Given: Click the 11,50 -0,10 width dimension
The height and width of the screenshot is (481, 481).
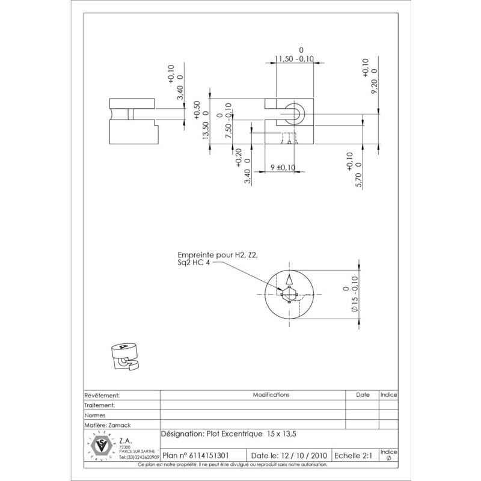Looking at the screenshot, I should click(x=295, y=58).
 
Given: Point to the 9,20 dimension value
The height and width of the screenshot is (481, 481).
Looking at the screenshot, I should click(x=374, y=86).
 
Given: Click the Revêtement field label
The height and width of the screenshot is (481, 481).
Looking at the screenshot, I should click(x=103, y=396).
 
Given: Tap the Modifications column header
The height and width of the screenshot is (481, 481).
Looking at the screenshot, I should click(x=271, y=395).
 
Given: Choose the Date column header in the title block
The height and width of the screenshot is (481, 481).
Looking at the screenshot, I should click(x=363, y=395).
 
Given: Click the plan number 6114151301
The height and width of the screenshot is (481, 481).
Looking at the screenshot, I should click(x=204, y=456).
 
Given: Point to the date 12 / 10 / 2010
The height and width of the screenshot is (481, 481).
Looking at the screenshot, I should click(x=289, y=456).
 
